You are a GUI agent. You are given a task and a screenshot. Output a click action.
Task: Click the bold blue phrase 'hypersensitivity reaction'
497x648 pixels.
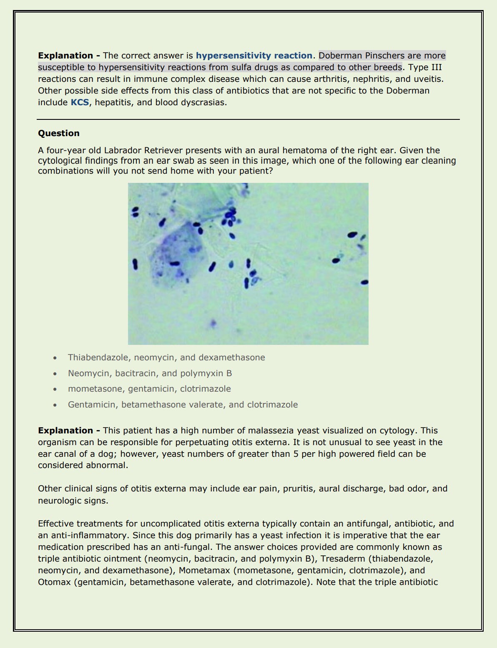254,56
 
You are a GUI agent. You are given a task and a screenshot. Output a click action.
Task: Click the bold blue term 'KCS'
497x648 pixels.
80,102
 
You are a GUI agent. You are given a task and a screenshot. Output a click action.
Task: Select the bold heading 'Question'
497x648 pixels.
59,133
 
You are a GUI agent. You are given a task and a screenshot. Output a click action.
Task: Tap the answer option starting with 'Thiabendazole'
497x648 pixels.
166,357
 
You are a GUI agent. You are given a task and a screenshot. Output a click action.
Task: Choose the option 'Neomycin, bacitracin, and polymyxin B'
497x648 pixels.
150,373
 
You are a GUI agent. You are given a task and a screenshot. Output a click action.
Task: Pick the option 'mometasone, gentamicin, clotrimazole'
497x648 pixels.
149,389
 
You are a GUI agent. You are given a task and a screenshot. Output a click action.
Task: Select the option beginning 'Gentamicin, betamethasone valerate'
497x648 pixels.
183,405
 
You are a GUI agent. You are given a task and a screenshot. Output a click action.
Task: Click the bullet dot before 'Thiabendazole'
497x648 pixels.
55,358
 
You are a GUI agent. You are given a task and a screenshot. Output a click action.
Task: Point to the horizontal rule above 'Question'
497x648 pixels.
248,119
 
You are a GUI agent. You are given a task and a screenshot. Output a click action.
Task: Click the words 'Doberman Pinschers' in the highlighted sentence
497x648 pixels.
356,56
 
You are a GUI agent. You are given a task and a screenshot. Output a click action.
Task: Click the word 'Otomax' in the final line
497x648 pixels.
54,582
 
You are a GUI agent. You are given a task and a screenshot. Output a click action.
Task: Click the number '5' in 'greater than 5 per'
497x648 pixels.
296,454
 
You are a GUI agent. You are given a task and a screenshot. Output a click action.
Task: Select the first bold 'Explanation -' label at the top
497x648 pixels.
69,56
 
